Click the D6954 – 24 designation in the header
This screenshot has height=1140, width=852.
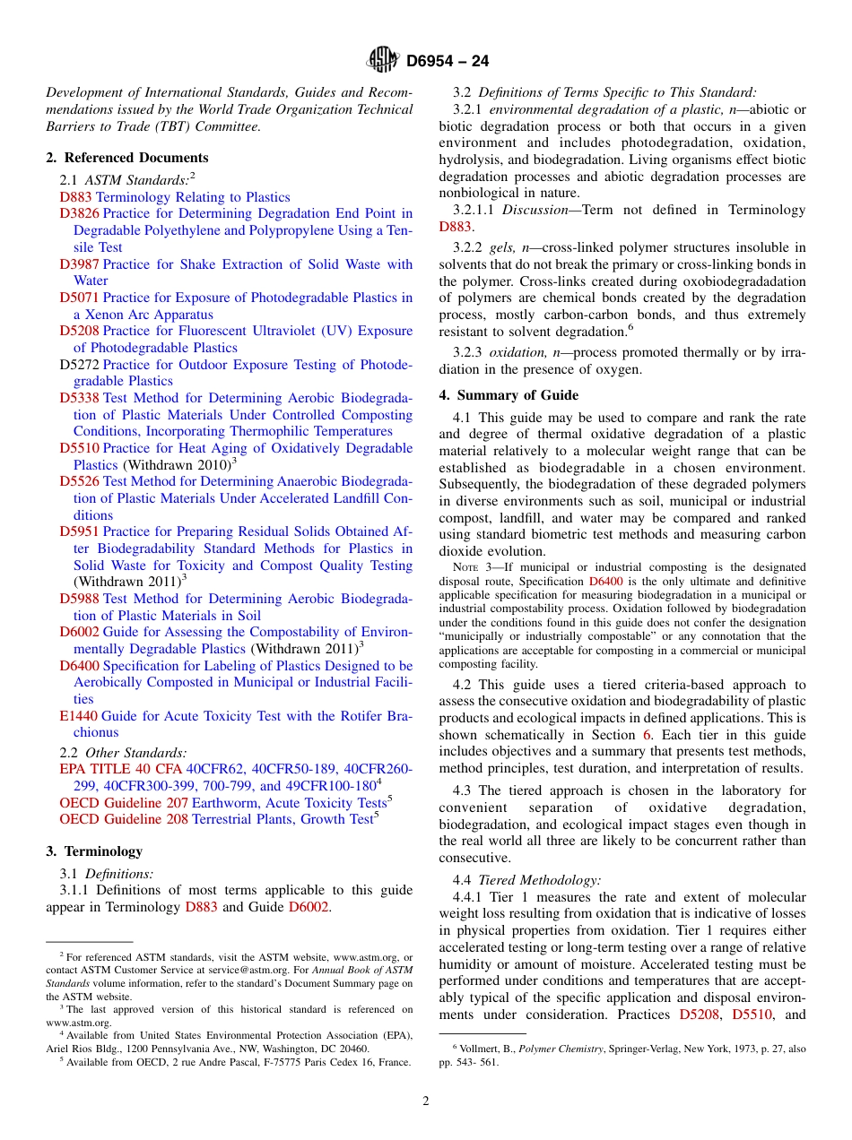448,62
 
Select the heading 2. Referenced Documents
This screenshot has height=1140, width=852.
126,158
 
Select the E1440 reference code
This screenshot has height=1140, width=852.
78,716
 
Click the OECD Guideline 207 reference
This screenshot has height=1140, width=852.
124,803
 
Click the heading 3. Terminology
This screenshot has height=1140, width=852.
94,851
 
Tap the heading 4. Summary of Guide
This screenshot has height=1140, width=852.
509,395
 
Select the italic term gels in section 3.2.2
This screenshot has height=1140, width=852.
501,247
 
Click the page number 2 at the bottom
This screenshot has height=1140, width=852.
426,1101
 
